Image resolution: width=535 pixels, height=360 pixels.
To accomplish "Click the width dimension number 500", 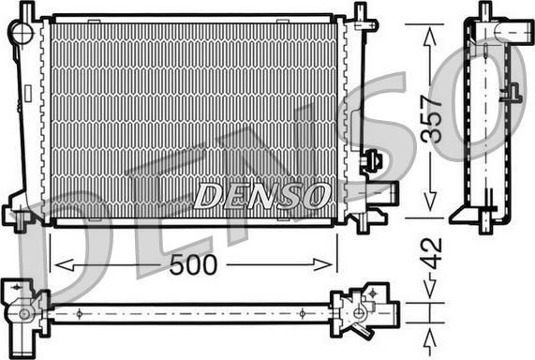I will click(194, 265).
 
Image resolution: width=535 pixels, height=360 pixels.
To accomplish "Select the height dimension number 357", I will click(430, 120).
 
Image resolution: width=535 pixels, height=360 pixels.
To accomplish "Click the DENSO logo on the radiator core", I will click(262, 196).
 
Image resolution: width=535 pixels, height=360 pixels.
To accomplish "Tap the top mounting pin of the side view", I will click(484, 11).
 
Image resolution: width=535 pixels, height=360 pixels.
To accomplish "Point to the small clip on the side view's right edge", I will click(512, 93).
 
